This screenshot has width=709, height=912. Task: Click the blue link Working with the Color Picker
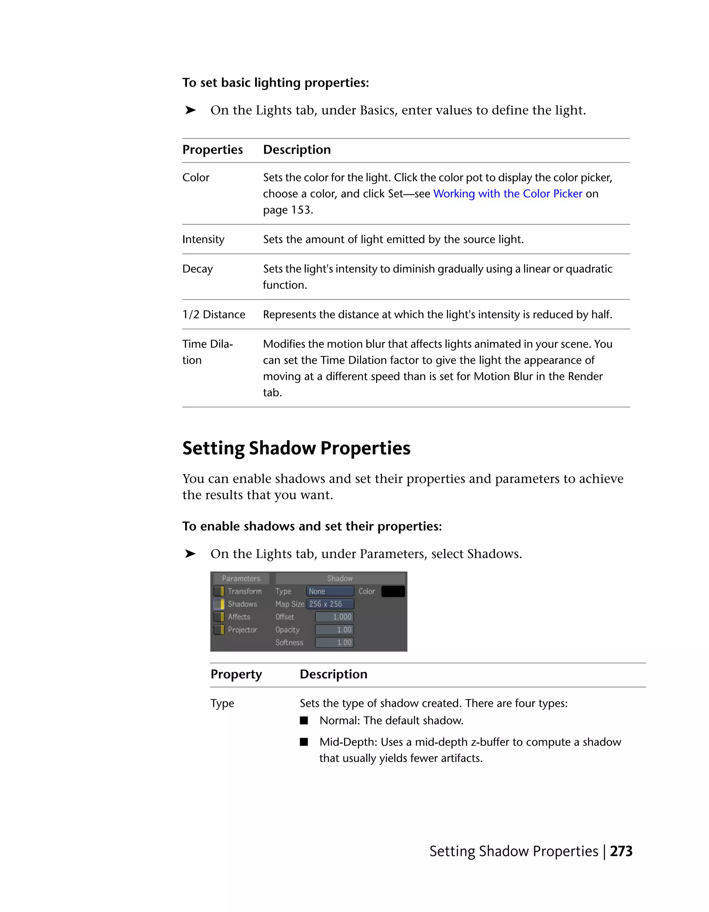tap(508, 194)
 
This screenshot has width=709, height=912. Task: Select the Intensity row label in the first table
tap(203, 239)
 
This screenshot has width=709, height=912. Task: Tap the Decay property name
tap(197, 269)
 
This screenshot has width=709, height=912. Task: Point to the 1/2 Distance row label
tap(214, 315)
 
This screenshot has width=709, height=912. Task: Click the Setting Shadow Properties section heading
tap(296, 448)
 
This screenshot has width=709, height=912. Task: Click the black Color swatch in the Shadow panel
tap(393, 591)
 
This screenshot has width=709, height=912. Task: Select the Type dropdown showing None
tap(330, 591)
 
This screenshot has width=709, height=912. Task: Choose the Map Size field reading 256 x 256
tap(330, 604)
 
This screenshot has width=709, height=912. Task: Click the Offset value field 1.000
tap(334, 617)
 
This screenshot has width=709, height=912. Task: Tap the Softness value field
tap(334, 643)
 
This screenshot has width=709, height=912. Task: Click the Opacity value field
tap(334, 630)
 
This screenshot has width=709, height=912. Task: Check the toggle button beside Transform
tap(219, 591)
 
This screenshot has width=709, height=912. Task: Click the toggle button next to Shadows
tap(219, 604)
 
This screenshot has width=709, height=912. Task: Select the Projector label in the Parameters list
tap(242, 630)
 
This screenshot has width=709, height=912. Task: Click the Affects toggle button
tap(219, 617)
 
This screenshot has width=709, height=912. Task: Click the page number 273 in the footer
tap(621, 851)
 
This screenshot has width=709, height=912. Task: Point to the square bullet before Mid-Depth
tap(304, 742)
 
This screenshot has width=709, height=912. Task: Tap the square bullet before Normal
tap(304, 720)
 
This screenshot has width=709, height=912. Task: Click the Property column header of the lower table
tap(236, 674)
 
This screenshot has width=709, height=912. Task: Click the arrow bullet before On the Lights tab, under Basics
tap(190, 110)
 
